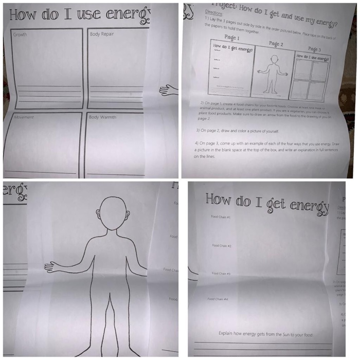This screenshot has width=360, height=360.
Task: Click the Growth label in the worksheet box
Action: coord(20,34)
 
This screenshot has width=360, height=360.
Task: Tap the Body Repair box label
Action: coord(102,34)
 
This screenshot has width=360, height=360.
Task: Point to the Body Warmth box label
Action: coord(103,117)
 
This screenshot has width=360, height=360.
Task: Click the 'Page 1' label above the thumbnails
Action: coord(232,38)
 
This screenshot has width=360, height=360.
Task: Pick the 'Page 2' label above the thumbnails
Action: coord(276,44)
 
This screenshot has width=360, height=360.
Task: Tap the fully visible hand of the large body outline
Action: coord(51,267)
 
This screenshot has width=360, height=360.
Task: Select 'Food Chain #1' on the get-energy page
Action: coord(221,217)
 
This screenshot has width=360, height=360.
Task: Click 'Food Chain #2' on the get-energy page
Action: coord(222,245)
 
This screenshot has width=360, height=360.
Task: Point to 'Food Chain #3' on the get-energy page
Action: coord(221,274)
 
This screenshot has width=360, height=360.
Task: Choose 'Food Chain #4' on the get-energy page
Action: coord(218,299)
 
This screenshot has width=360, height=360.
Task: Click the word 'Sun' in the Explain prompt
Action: coord(286,334)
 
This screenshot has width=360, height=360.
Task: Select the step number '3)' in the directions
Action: coord(198,130)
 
